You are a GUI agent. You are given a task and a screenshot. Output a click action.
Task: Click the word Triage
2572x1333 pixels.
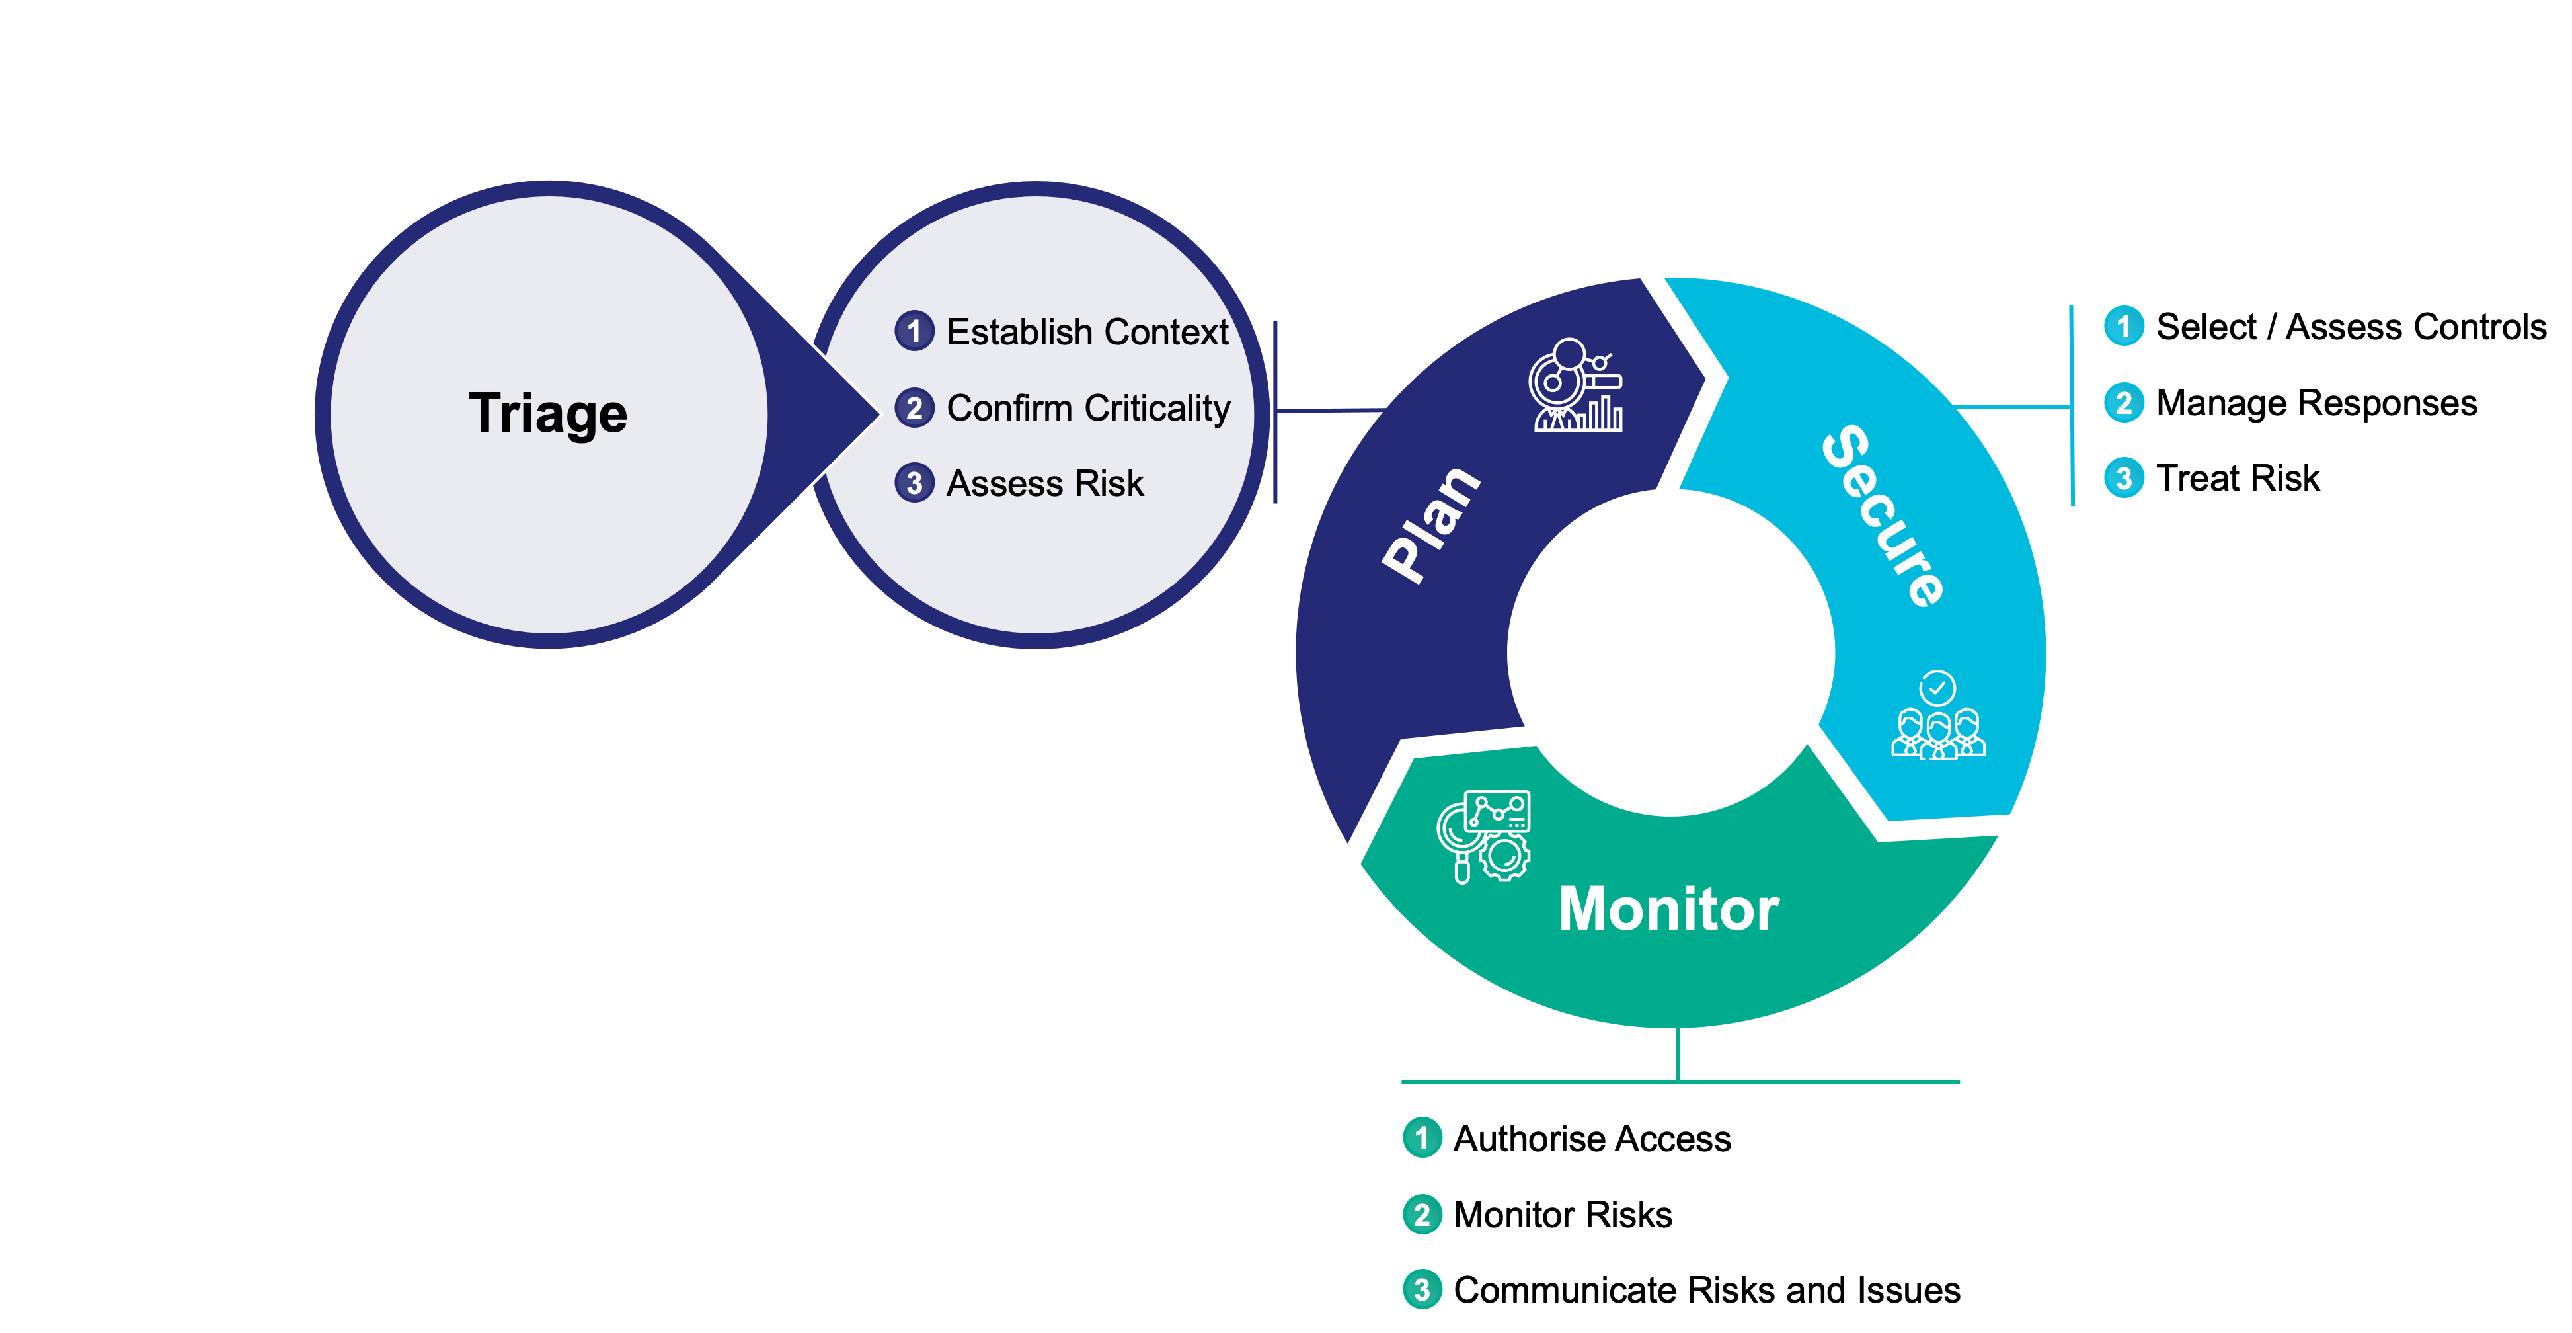pyautogui.click(x=548, y=413)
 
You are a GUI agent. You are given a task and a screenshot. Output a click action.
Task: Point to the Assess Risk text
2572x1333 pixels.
pyautogui.click(x=1044, y=483)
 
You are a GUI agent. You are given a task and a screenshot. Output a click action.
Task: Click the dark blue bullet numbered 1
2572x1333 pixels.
pyautogui.click(x=914, y=331)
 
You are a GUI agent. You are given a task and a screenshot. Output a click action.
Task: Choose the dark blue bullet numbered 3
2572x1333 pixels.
pyautogui.click(x=914, y=483)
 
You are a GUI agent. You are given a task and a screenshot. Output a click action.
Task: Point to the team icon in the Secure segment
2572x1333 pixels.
pyautogui.click(x=1938, y=733)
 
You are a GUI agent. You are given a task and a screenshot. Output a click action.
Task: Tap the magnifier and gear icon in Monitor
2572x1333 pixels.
pyautogui.click(x=1484, y=836)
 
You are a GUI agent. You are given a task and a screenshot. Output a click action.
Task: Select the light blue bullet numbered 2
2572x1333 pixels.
pyautogui.click(x=2124, y=403)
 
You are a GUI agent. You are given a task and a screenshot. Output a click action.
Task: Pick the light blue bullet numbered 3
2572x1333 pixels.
pyautogui.click(x=2124, y=478)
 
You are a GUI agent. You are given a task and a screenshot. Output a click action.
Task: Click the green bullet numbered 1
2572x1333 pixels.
pyautogui.click(x=1422, y=1137)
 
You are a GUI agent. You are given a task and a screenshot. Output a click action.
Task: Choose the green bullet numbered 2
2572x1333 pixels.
pyautogui.click(x=1422, y=1214)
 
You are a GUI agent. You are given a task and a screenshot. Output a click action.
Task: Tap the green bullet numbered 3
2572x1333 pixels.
pyautogui.click(x=1422, y=1289)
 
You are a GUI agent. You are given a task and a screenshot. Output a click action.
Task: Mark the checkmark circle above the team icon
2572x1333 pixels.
pyautogui.click(x=1937, y=687)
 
